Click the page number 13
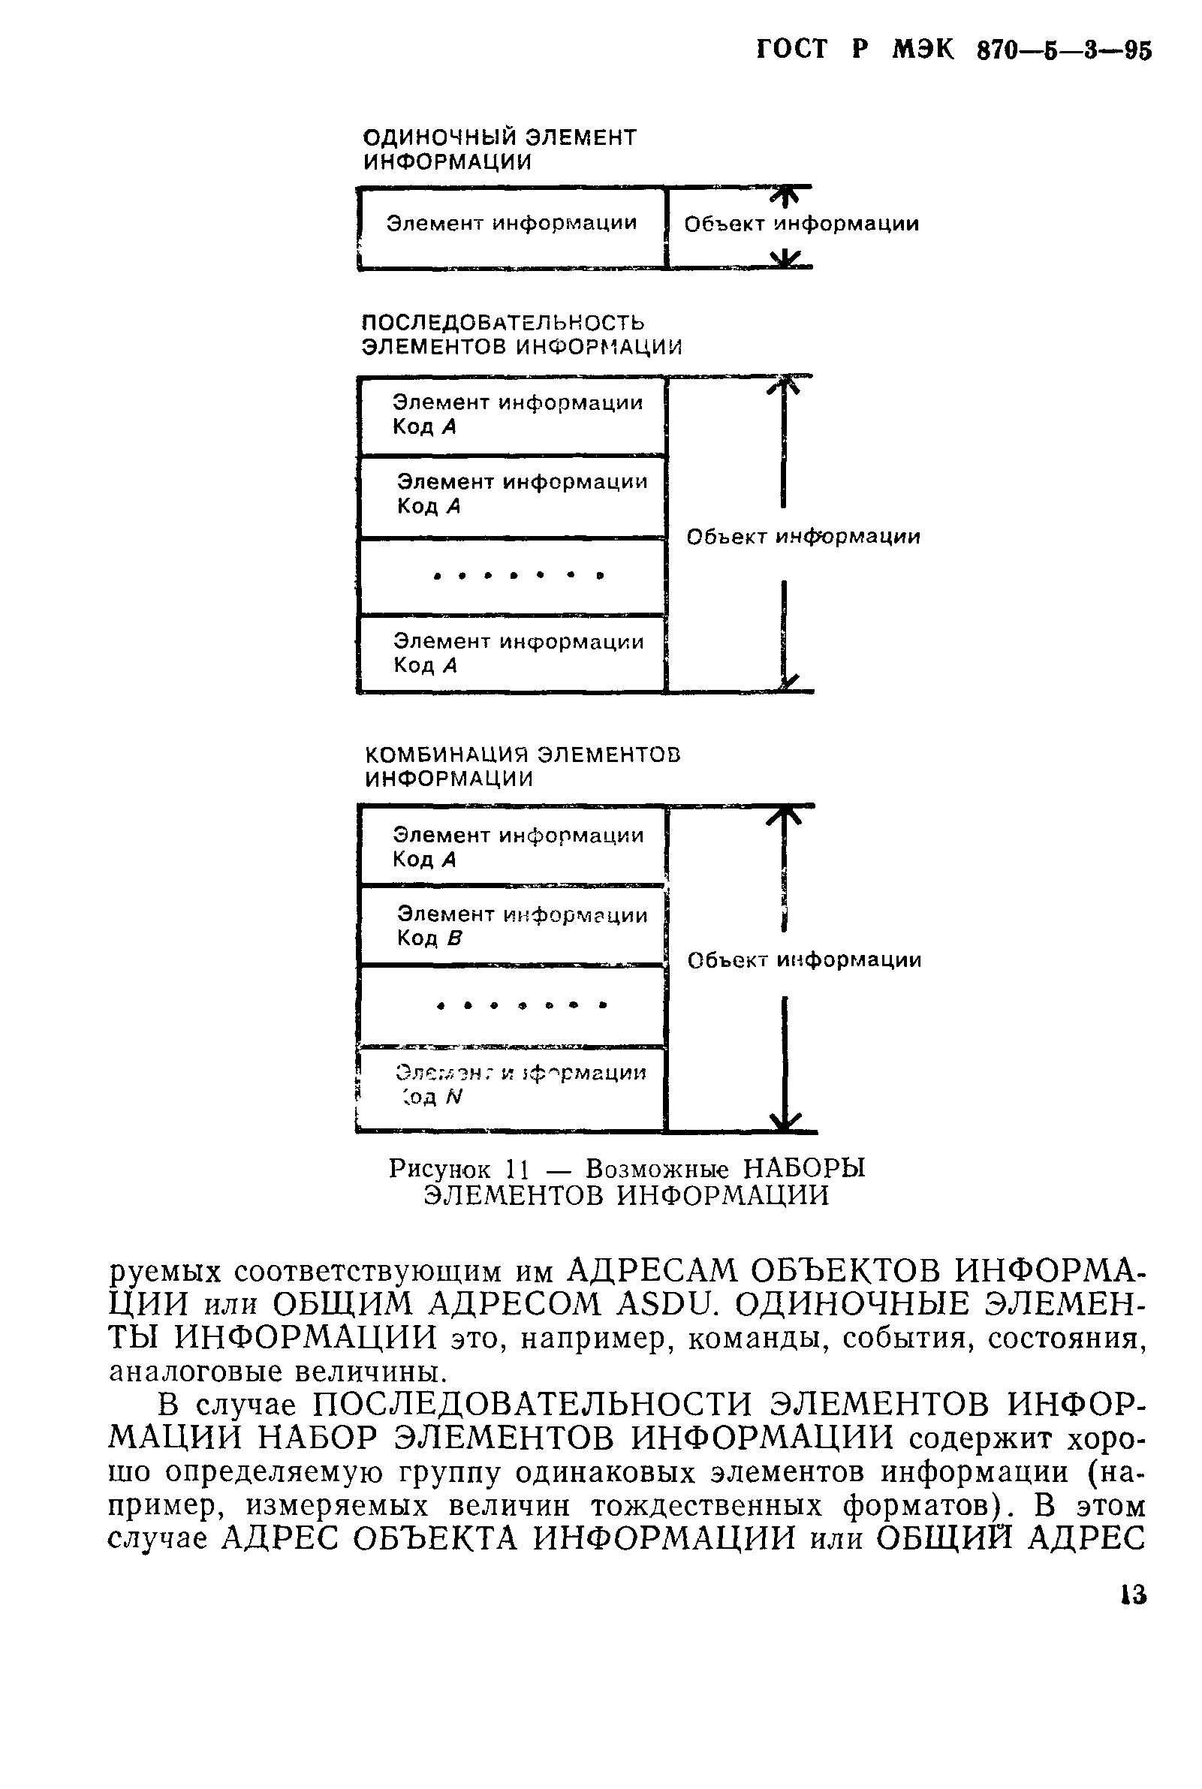1131,1596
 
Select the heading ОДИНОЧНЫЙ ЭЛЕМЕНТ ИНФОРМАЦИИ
499,149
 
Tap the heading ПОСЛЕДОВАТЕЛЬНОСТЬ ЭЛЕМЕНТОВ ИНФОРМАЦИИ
521,334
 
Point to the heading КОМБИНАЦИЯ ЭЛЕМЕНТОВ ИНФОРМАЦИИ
523,766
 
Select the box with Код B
511,925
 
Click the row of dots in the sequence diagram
518,575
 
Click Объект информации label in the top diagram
801,224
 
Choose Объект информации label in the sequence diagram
803,537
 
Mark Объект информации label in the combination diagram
804,960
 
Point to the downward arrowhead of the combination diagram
785,1121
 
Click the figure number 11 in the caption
517,1169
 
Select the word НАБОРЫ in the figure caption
804,1169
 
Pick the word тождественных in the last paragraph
706,1506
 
